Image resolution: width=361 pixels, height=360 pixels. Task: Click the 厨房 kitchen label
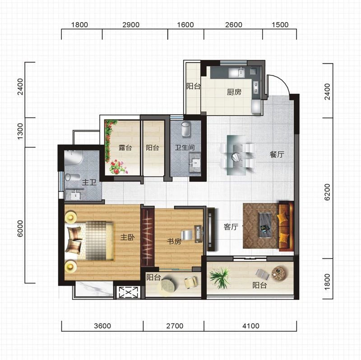[234, 92]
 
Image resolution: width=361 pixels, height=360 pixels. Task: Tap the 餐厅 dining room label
[277, 154]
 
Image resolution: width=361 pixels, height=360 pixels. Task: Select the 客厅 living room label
[231, 227]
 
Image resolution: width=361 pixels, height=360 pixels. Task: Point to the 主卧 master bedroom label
[128, 237]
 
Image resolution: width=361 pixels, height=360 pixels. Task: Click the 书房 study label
[174, 241]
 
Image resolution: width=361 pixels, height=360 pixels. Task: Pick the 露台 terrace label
[125, 148]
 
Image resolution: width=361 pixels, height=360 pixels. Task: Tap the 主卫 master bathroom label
[89, 182]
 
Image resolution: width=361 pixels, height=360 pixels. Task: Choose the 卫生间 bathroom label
[185, 147]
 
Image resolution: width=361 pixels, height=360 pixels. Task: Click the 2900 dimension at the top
[131, 25]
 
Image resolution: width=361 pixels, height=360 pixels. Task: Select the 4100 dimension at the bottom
[251, 326]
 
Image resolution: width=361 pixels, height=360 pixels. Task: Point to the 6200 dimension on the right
[327, 192]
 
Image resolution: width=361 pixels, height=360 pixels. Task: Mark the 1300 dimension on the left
[20, 131]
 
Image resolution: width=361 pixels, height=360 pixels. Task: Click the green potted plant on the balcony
[219, 277]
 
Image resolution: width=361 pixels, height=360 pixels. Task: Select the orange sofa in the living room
[286, 226]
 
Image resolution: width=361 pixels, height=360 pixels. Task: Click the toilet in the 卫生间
[186, 129]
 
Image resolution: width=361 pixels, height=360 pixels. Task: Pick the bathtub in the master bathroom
[73, 158]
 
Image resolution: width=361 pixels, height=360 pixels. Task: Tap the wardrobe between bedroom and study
[148, 237]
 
